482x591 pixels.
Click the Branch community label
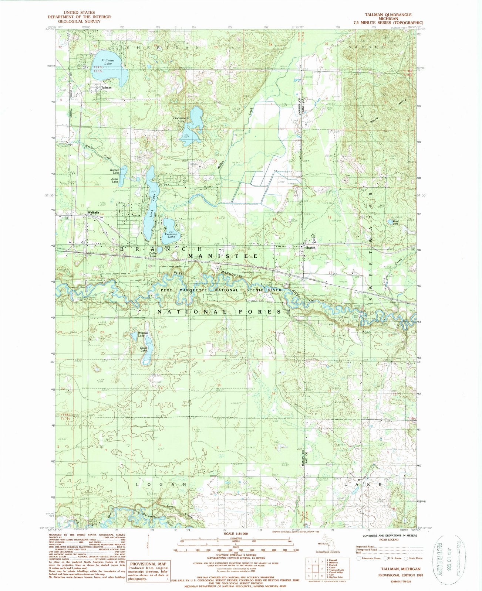tap(311, 248)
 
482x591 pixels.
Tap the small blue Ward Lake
tap(390, 222)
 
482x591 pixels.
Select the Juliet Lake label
tap(115, 181)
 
